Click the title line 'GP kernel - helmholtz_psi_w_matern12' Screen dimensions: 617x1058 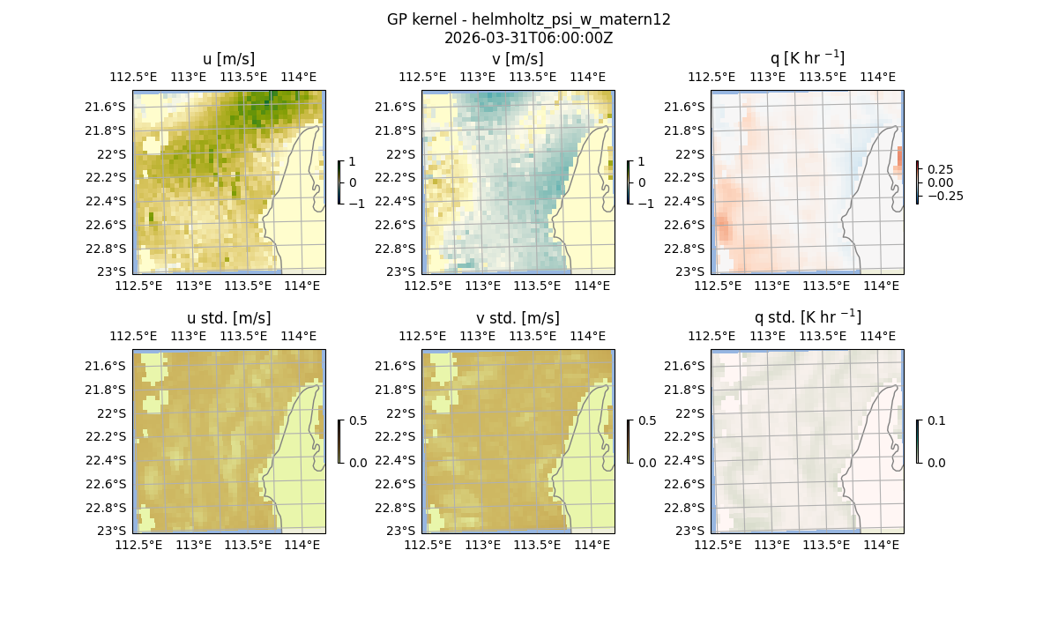coord(528,19)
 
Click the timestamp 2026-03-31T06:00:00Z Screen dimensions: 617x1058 coord(528,38)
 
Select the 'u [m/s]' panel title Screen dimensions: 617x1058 coord(228,59)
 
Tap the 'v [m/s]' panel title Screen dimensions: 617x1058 coord(518,59)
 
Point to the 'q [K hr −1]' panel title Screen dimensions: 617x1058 coord(807,58)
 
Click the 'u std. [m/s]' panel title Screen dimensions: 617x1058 coord(228,318)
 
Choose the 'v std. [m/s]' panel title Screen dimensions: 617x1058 coord(518,318)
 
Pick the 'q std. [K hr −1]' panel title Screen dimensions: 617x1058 coord(807,317)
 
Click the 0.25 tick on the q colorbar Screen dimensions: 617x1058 coord(941,169)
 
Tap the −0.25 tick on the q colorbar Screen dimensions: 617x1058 coord(944,196)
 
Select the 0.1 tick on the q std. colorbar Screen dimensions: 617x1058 coord(935,421)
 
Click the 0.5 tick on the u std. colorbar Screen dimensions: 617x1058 coord(358,421)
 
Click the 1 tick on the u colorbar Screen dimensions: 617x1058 coord(353,162)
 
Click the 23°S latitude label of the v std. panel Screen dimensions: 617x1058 coord(400,531)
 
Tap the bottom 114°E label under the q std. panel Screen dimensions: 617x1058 coord(881,546)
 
